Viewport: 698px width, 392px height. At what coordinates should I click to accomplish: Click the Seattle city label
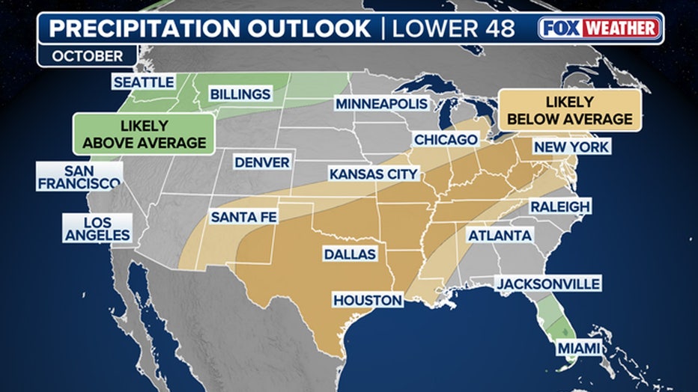[143, 82]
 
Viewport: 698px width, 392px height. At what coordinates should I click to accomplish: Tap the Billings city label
[240, 94]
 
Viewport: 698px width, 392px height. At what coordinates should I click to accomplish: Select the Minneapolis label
[381, 104]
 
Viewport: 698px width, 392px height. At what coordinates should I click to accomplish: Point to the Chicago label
[446, 140]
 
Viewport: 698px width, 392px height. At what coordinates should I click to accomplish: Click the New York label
[571, 147]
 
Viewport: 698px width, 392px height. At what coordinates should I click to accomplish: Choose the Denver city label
[261, 162]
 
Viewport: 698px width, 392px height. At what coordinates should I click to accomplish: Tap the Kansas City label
[373, 174]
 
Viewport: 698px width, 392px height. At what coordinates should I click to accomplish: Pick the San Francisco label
[79, 177]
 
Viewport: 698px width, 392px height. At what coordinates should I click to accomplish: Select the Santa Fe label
[240, 217]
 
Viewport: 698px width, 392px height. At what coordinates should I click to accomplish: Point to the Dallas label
[349, 254]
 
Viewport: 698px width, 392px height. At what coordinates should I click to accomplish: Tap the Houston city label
[367, 300]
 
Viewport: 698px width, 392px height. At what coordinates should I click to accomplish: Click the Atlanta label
[500, 236]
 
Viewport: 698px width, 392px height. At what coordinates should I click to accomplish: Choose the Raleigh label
[560, 206]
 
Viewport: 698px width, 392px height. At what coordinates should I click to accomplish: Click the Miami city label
[579, 349]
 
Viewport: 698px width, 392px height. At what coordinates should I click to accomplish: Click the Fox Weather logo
[600, 28]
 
